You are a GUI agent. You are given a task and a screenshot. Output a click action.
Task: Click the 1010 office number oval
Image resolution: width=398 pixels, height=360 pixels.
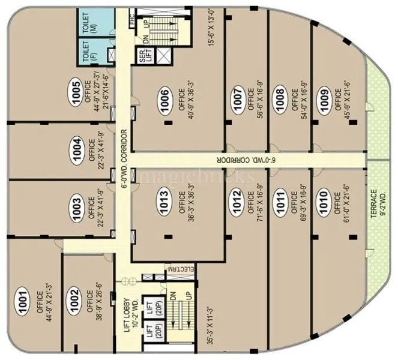click(x=323, y=202)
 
